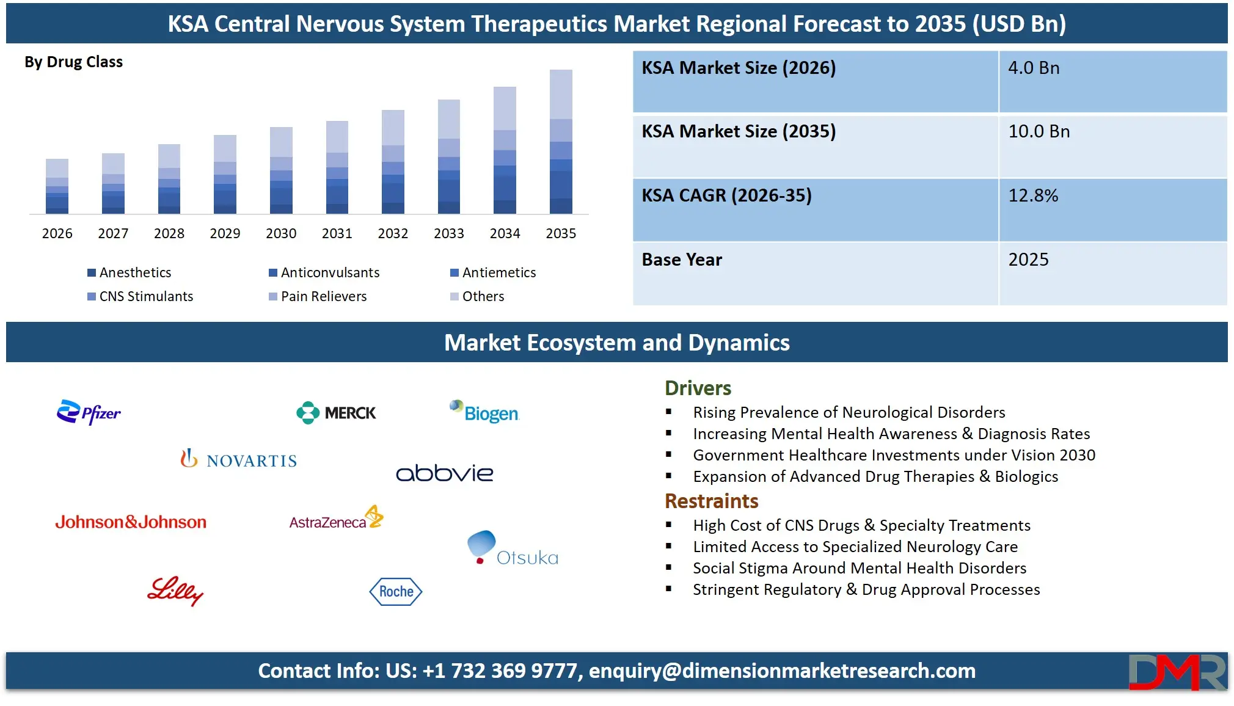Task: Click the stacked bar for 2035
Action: (x=561, y=142)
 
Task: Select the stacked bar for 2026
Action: (x=57, y=186)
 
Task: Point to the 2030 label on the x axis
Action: (x=281, y=233)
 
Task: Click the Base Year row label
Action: (x=682, y=260)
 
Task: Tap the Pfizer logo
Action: (x=89, y=413)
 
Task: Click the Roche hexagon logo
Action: (x=396, y=591)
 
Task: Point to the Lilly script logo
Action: (x=175, y=591)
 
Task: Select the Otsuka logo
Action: (x=513, y=548)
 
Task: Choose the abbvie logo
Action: (x=444, y=473)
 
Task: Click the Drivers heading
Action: (x=698, y=388)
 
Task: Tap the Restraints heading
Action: (x=711, y=501)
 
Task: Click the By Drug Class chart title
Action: (x=73, y=62)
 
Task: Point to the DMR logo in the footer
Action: (x=1177, y=672)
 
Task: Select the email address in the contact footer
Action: (x=782, y=671)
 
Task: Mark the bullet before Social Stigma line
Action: (x=669, y=568)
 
